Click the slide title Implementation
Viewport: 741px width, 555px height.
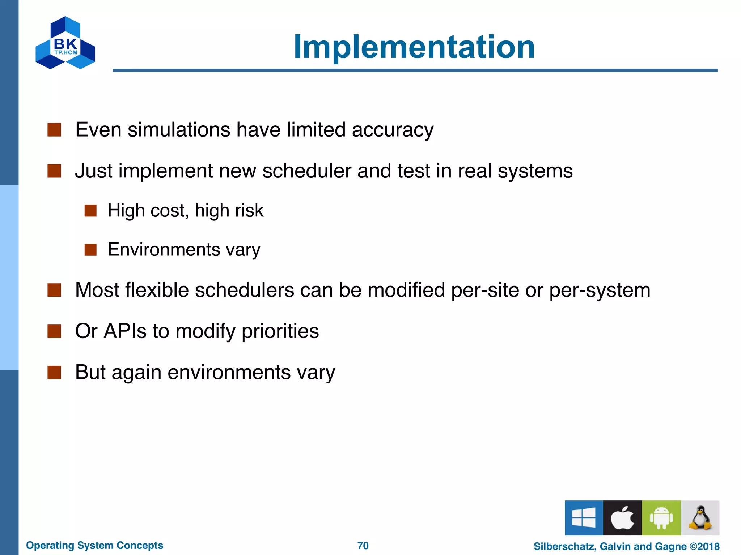[414, 47]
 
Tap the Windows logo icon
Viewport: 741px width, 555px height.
[584, 517]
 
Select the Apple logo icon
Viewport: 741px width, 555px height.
[622, 517]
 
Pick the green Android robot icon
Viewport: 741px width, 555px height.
[661, 517]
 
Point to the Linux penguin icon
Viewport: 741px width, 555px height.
[700, 517]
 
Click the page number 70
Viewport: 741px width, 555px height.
[363, 546]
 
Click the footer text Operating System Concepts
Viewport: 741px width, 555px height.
[94, 545]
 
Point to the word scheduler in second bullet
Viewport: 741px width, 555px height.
[306, 171]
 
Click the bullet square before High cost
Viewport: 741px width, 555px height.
[90, 211]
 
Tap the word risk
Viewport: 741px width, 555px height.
[249, 211]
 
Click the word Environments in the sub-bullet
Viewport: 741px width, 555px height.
[164, 250]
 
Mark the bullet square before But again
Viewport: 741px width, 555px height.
[54, 372]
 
